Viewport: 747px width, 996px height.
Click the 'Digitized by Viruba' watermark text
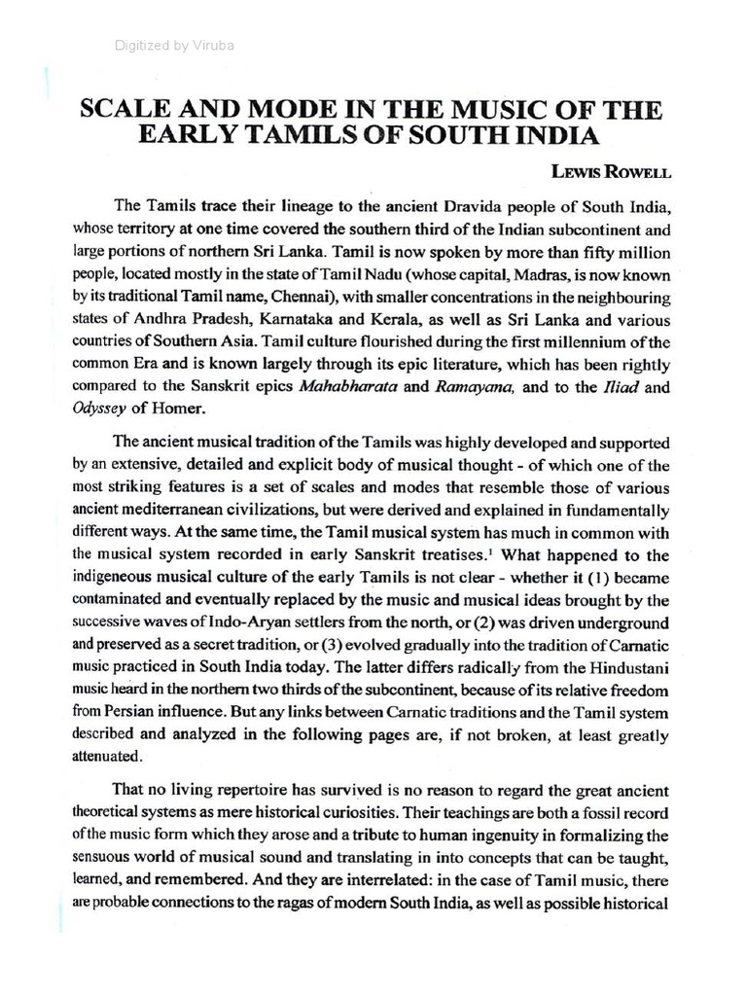pyautogui.click(x=174, y=45)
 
